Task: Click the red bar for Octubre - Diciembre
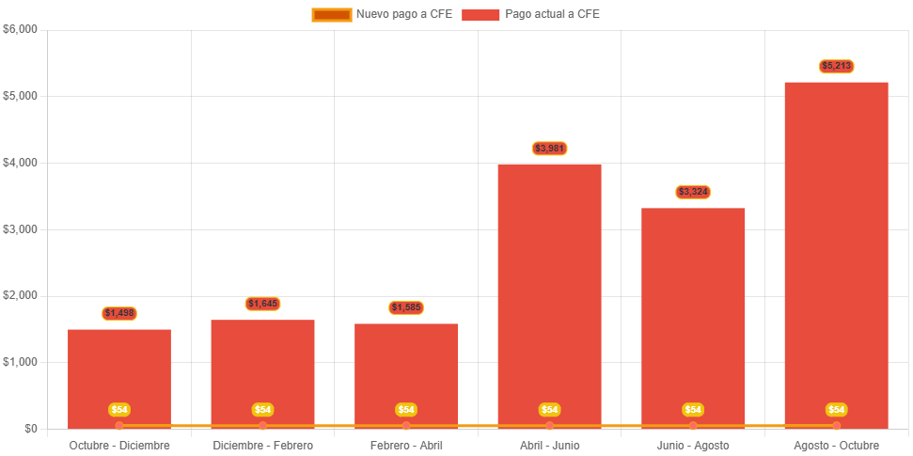click(119, 376)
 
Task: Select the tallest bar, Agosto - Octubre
click(836, 254)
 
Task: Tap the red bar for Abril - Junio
click(549, 291)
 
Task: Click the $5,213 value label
click(836, 66)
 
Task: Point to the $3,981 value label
click(549, 149)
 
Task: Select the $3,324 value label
click(693, 192)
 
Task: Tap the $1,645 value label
click(262, 304)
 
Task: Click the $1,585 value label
click(406, 307)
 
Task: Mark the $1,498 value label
click(119, 313)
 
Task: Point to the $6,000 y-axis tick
click(20, 29)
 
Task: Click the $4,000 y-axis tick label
click(20, 163)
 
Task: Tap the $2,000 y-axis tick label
click(20, 295)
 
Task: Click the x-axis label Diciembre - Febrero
click(262, 445)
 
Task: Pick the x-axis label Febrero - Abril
click(406, 445)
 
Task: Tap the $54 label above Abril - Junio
click(549, 410)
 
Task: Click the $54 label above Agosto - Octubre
click(836, 410)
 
